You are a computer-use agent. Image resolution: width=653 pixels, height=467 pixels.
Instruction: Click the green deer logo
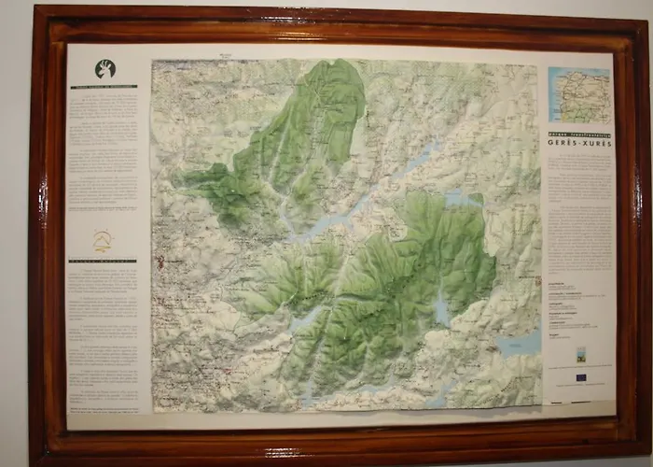(x=104, y=69)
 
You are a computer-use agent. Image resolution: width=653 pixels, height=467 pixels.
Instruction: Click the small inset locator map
(x=579, y=94)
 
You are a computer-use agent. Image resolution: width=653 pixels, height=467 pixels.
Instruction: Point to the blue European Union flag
(x=582, y=376)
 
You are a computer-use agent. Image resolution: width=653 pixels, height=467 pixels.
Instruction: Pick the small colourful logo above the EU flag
(x=581, y=355)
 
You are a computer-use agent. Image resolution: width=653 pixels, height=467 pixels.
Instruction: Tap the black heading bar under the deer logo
(x=104, y=87)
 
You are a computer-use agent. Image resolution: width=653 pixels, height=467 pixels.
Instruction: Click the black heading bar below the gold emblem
(x=102, y=261)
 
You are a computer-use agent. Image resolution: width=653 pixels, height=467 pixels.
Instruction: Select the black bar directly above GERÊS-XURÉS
(x=578, y=135)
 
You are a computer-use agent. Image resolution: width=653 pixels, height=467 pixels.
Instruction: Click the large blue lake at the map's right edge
(x=519, y=344)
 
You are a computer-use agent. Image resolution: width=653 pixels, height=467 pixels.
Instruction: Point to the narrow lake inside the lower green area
(x=441, y=309)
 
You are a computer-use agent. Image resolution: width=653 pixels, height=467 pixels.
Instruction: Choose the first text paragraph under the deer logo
(x=103, y=103)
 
